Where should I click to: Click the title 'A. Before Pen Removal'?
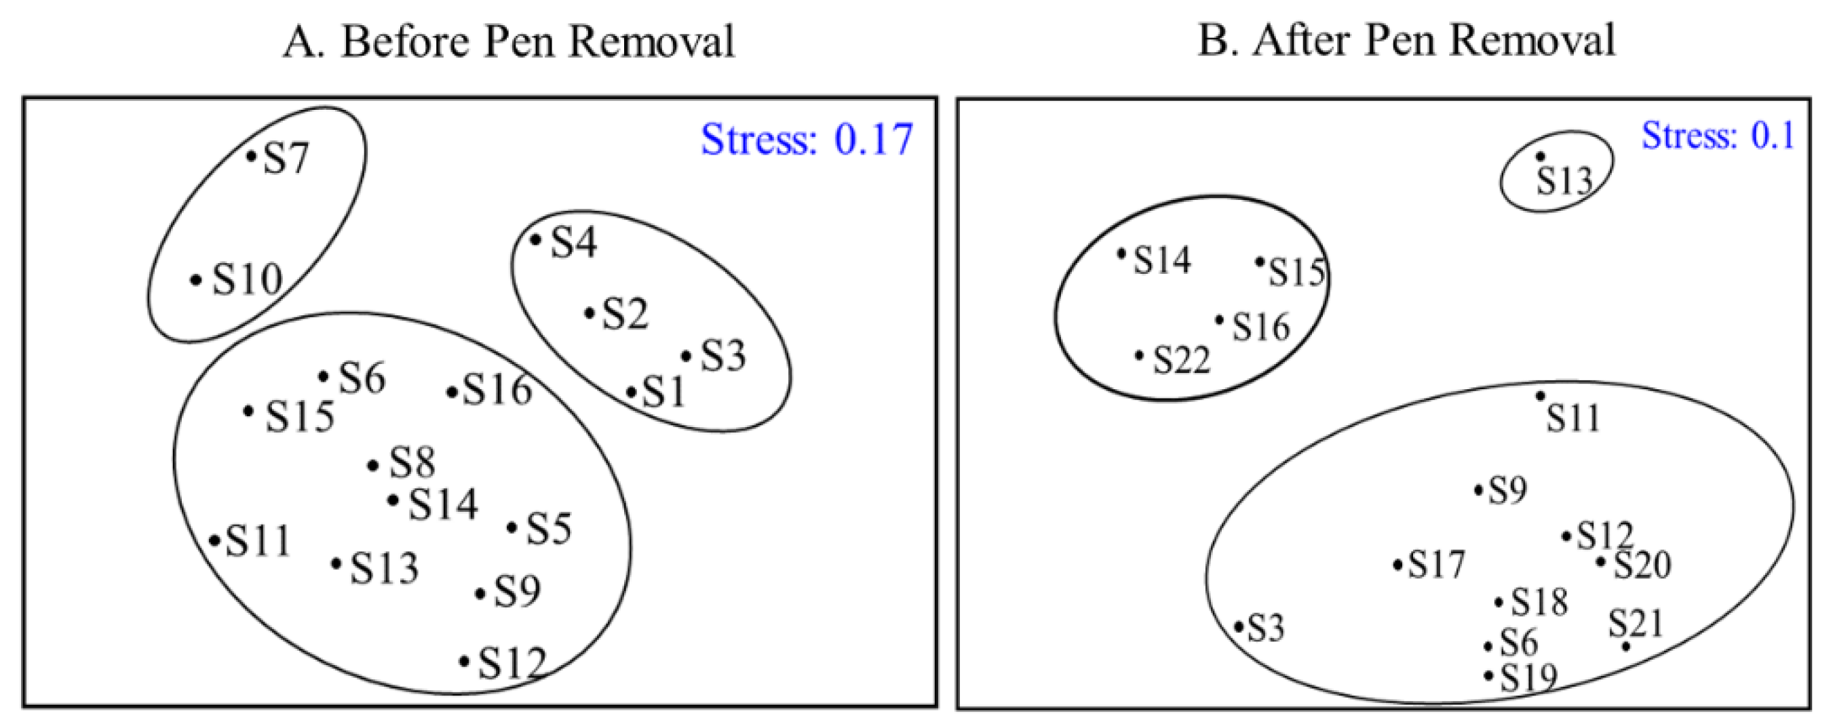pos(508,41)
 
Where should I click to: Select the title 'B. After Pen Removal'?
pos(1406,40)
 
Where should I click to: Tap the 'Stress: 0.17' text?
pos(806,139)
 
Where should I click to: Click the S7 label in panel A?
pos(286,158)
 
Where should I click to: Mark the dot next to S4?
pos(535,240)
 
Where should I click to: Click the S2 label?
pos(625,314)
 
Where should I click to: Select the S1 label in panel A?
pos(663,392)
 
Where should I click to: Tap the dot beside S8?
pos(373,466)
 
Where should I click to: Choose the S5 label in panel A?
pos(549,529)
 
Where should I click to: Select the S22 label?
pos(1182,359)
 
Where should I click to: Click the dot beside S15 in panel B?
pos(1260,262)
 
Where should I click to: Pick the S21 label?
pos(1636,624)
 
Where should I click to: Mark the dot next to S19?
pos(1488,675)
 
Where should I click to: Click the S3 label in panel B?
pos(1266,628)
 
